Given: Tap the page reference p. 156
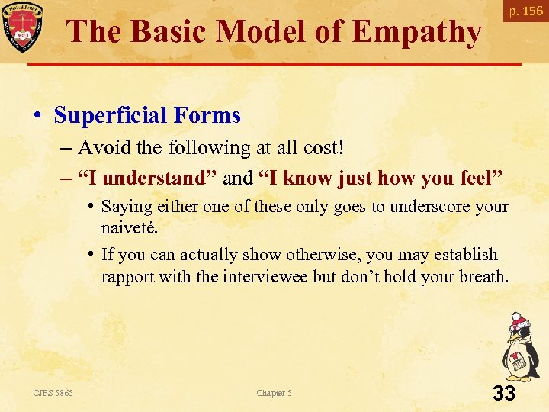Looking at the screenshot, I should [x=527, y=11].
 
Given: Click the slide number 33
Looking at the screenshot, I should [x=504, y=394].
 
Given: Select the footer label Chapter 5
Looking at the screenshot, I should [x=274, y=393].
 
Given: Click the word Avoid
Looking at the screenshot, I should [x=104, y=146].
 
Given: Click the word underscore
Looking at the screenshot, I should [x=433, y=207].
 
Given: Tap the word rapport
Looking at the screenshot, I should [x=127, y=275].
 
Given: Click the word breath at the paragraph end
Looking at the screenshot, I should [x=481, y=275].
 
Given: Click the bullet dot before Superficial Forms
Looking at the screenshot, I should [x=37, y=116].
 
